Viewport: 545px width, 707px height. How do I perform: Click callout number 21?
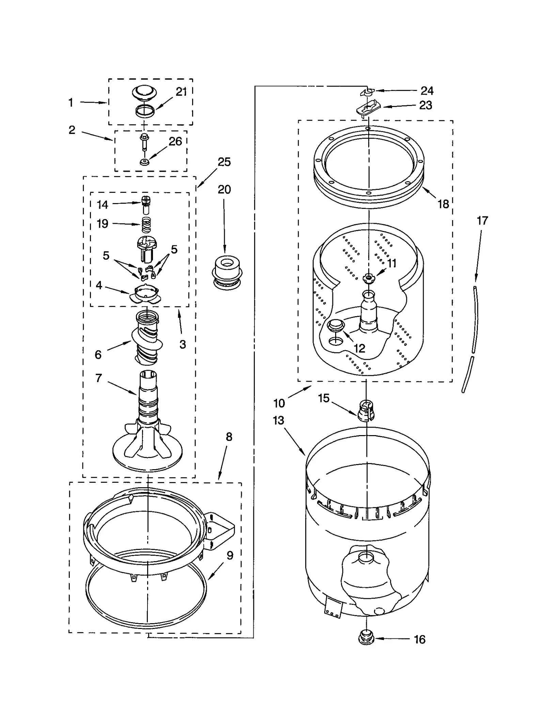point(181,92)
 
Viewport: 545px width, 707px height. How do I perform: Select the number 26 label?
point(175,141)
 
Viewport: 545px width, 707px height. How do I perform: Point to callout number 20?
point(224,189)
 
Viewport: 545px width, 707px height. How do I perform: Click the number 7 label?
point(99,378)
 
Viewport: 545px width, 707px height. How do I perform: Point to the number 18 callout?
point(443,204)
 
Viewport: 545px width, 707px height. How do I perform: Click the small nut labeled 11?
point(368,278)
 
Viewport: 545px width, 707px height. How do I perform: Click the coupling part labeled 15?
point(366,411)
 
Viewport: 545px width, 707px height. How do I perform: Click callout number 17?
point(482,221)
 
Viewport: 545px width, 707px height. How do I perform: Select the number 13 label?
point(278,420)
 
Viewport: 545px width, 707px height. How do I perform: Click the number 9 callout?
point(230,555)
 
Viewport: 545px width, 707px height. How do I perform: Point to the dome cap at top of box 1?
point(144,92)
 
